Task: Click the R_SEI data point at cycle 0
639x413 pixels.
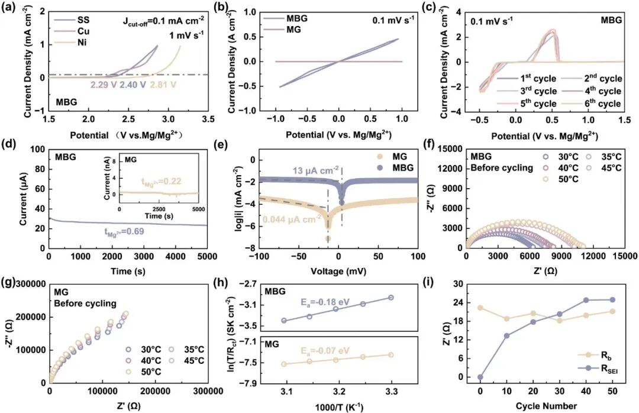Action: click(x=480, y=377)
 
